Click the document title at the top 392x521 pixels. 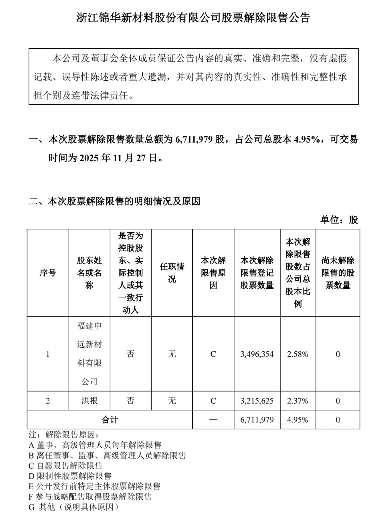click(193, 17)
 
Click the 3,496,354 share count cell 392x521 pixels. click(257, 354)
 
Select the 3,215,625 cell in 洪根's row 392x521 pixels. click(257, 401)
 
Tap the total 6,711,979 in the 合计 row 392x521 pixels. click(257, 420)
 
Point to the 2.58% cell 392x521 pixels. click(298, 354)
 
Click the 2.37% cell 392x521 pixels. click(298, 401)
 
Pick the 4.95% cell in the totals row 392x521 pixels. click(298, 420)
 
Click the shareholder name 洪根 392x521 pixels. click(89, 401)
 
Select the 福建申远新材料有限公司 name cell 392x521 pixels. click(89, 354)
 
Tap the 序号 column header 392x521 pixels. click(48, 273)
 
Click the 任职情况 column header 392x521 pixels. click(172, 273)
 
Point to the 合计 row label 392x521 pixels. click(110, 420)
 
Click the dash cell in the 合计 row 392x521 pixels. click(213, 420)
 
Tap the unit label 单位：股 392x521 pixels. click(339, 220)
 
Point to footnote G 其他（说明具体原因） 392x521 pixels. click(74, 507)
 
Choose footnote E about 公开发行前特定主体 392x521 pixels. click(94, 486)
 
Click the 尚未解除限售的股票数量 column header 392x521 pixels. click(338, 273)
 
